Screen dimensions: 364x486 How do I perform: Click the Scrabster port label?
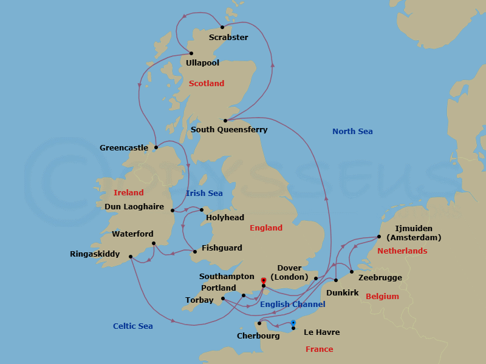[228, 38]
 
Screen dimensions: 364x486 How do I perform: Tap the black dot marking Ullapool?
[191, 53]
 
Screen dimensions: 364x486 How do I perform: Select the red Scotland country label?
[207, 84]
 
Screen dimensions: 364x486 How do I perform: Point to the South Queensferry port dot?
[225, 120]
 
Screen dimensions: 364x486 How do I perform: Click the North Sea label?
[352, 132]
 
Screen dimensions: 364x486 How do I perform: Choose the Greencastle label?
[124, 148]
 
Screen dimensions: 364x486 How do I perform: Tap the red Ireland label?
[129, 193]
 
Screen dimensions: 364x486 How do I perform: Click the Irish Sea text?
[204, 194]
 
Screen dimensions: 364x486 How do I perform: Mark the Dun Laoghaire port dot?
[173, 211]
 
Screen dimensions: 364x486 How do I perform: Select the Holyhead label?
[225, 218]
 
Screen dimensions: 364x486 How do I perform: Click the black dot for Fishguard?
[194, 252]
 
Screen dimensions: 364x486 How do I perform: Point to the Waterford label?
[132, 234]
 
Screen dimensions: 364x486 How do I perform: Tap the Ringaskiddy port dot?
[131, 257]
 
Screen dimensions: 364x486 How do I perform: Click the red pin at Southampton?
[263, 281]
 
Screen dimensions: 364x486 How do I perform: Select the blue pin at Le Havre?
[293, 323]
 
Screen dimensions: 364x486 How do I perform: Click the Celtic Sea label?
[133, 326]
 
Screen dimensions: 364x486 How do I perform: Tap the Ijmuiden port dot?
[378, 237]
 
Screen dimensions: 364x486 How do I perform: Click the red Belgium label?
[382, 297]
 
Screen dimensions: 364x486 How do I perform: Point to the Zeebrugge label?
[380, 278]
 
